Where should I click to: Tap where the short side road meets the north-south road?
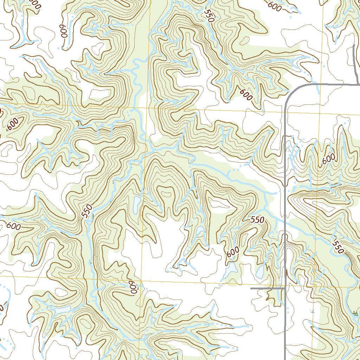click(284, 288)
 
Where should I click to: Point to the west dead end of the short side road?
click(251, 288)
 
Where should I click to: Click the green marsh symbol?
click(356, 313)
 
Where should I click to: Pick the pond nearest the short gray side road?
click(260, 271)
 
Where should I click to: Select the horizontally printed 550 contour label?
click(257, 220)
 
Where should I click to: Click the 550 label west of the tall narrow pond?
click(88, 211)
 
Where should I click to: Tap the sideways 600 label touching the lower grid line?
click(132, 287)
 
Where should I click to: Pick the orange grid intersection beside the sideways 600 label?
click(141, 282)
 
